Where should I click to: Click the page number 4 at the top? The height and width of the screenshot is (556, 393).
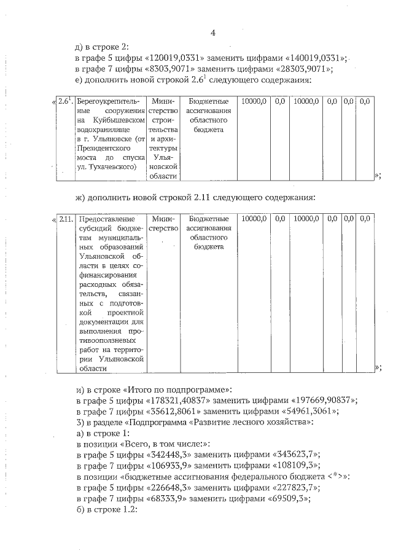point(212,33)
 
